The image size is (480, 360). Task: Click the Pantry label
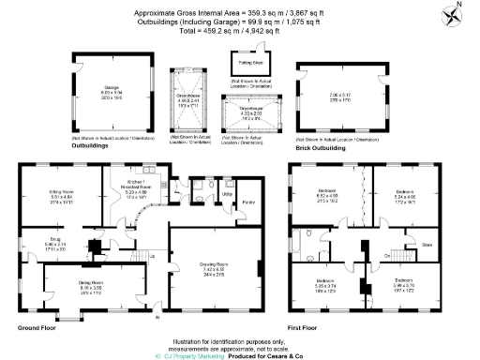(248, 202)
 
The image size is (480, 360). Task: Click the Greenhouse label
(190, 95)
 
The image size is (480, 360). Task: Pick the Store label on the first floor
(428, 246)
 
